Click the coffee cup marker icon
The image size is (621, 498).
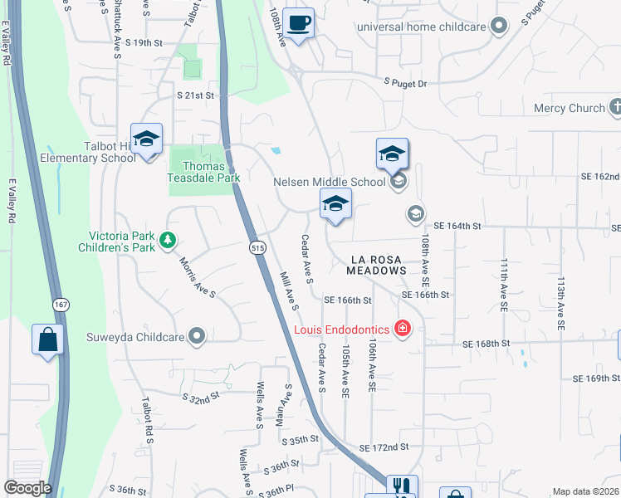point(298,22)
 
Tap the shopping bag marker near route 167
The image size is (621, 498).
point(47,339)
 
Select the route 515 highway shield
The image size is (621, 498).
point(257,248)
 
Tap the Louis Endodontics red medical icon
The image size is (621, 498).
point(403,330)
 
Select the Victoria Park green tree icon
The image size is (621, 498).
point(168,239)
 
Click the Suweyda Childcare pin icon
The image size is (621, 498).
point(196,337)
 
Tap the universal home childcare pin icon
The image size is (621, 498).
point(499,27)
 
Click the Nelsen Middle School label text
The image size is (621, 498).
point(330,181)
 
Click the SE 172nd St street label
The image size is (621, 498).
point(384,447)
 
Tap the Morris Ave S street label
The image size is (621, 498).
point(198,277)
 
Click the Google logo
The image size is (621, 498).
point(27,488)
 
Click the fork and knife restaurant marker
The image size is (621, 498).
point(402,486)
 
